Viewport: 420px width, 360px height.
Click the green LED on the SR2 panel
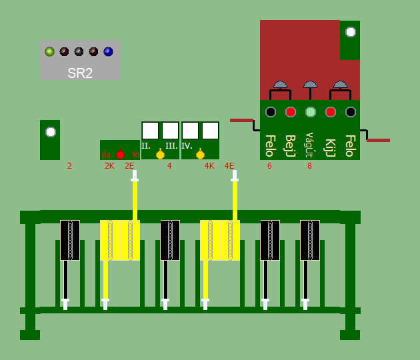(49, 51)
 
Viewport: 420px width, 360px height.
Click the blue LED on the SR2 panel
(108, 51)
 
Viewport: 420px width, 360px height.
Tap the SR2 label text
(80, 73)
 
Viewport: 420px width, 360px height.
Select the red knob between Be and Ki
(120, 154)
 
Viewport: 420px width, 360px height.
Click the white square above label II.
(150, 130)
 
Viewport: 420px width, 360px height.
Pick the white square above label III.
(170, 130)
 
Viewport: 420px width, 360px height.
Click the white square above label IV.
(190, 130)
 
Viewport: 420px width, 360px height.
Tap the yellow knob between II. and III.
(160, 155)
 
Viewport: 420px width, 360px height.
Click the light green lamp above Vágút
(310, 112)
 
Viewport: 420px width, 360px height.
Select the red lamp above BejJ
(291, 112)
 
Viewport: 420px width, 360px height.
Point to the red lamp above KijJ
(330, 112)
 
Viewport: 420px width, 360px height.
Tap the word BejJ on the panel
(290, 145)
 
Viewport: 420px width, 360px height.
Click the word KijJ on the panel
(330, 146)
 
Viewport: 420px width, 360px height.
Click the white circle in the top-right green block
(350, 31)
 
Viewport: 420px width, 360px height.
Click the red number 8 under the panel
(309, 166)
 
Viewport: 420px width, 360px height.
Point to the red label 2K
(109, 166)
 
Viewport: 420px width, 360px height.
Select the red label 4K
(209, 166)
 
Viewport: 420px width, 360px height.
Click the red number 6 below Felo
(269, 166)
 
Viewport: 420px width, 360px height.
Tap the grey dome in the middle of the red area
(310, 85)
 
